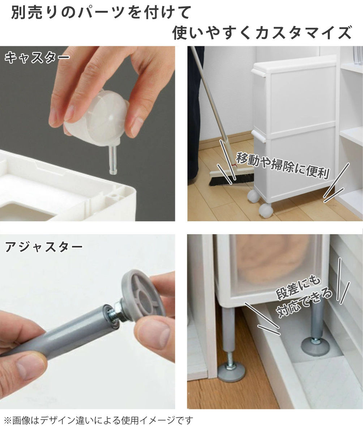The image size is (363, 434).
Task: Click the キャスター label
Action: click(x=37, y=58)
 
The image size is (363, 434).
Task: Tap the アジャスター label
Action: click(x=44, y=247)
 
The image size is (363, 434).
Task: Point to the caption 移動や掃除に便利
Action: click(x=283, y=166)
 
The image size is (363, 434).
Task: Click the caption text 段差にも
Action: click(x=298, y=288)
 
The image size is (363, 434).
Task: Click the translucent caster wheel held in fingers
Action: click(x=97, y=120)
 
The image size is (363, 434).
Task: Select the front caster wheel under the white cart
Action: click(x=265, y=211)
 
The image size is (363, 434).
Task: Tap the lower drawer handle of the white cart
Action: click(x=259, y=136)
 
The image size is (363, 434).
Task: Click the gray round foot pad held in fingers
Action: click(x=144, y=295)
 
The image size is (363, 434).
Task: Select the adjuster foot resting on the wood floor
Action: click(x=232, y=373)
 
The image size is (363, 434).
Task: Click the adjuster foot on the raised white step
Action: click(x=315, y=346)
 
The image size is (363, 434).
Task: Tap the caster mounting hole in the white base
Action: click(x=114, y=196)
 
